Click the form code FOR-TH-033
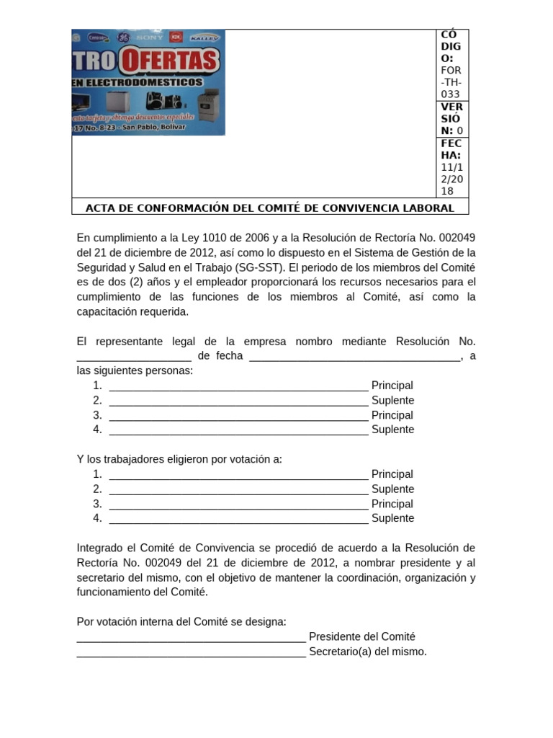click(451, 82)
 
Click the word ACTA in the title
click(102, 208)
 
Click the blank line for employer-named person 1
click(238, 386)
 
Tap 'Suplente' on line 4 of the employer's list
click(392, 430)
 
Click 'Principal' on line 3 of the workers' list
click(392, 504)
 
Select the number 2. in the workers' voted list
click(97, 489)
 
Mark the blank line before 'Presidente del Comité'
click(191, 637)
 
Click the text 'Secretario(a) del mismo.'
click(367, 652)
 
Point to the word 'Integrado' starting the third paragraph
click(101, 548)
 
